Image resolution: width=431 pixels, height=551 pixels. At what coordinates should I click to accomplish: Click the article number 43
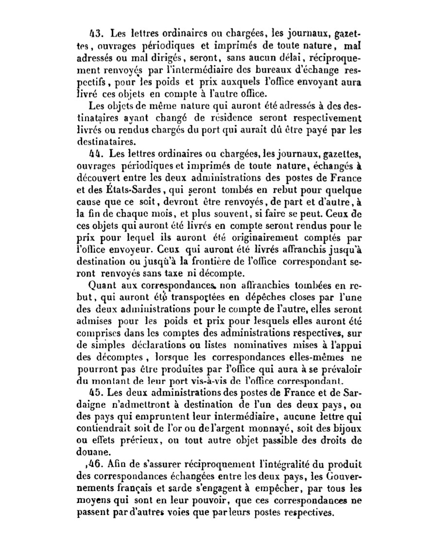click(x=95, y=34)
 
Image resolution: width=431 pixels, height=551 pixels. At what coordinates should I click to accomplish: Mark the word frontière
click(x=215, y=261)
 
